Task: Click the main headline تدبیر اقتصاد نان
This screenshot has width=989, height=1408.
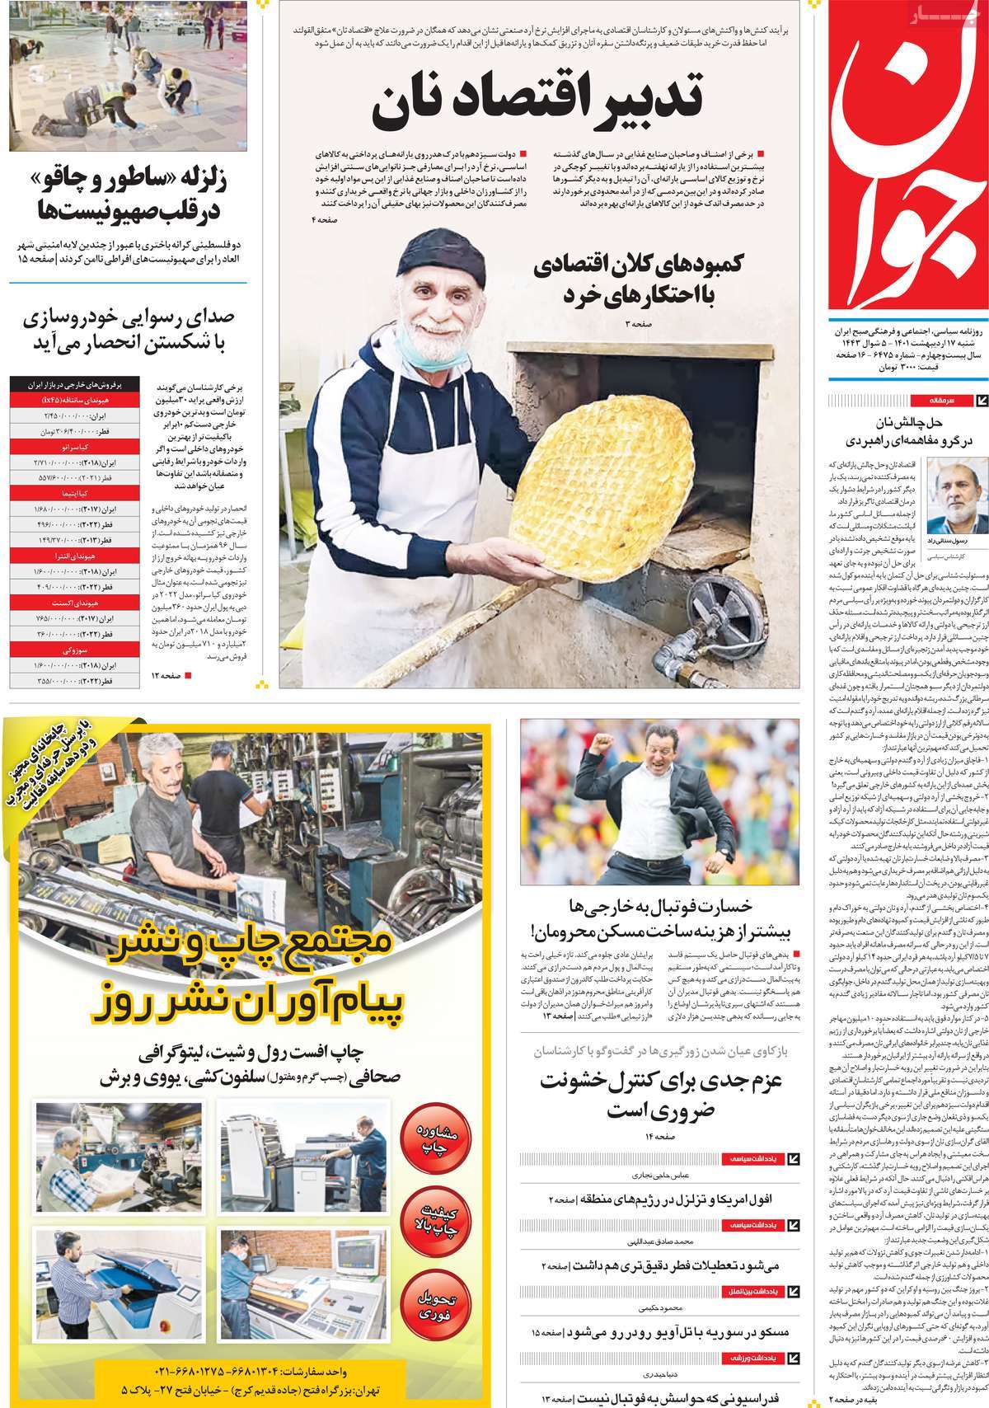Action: (x=538, y=103)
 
